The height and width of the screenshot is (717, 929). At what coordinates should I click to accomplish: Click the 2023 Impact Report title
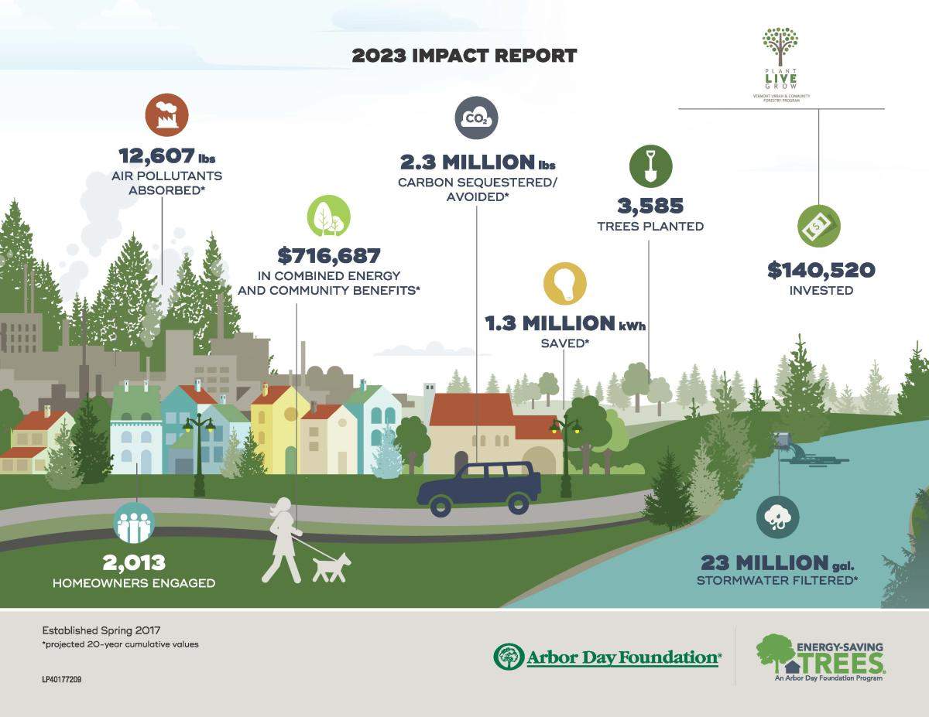click(x=464, y=56)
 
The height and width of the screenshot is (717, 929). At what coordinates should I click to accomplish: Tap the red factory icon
click(x=166, y=114)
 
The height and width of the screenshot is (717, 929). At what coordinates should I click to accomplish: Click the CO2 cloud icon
click(x=476, y=118)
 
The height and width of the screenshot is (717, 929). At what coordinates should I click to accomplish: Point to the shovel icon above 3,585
click(x=650, y=166)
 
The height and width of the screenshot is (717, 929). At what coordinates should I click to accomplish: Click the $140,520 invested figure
click(x=821, y=271)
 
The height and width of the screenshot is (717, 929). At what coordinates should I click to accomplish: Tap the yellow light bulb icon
click(x=565, y=284)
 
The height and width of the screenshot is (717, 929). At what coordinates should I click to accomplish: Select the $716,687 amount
click(x=328, y=255)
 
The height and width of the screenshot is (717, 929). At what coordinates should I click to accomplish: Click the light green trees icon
click(x=328, y=215)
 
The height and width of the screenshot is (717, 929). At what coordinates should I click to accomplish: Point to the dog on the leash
click(x=331, y=568)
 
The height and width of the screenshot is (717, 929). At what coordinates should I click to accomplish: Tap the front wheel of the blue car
click(x=441, y=505)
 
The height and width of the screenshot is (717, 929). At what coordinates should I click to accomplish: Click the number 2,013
click(x=134, y=563)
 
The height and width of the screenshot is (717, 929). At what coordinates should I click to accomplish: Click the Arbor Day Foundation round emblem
click(x=509, y=657)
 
